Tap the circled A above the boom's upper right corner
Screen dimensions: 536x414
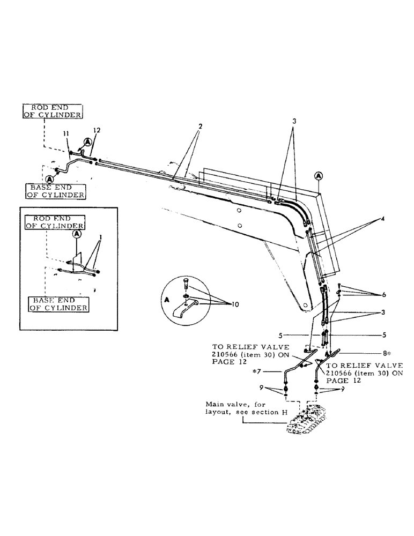(x=319, y=176)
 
